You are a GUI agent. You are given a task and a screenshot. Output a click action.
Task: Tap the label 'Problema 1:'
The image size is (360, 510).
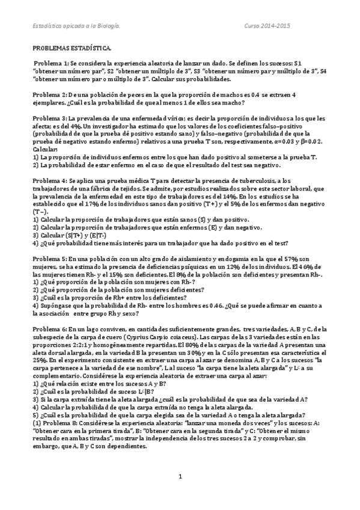[51, 63]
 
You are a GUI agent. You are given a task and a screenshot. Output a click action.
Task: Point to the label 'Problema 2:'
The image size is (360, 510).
[50, 95]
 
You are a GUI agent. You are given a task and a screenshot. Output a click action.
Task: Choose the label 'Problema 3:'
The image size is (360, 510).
[50, 119]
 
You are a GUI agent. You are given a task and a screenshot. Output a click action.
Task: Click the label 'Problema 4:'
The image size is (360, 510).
[50, 182]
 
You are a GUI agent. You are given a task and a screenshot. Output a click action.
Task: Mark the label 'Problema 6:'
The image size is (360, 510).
[50, 330]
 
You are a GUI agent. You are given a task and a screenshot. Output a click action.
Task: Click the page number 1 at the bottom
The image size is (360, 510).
[180, 494]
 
